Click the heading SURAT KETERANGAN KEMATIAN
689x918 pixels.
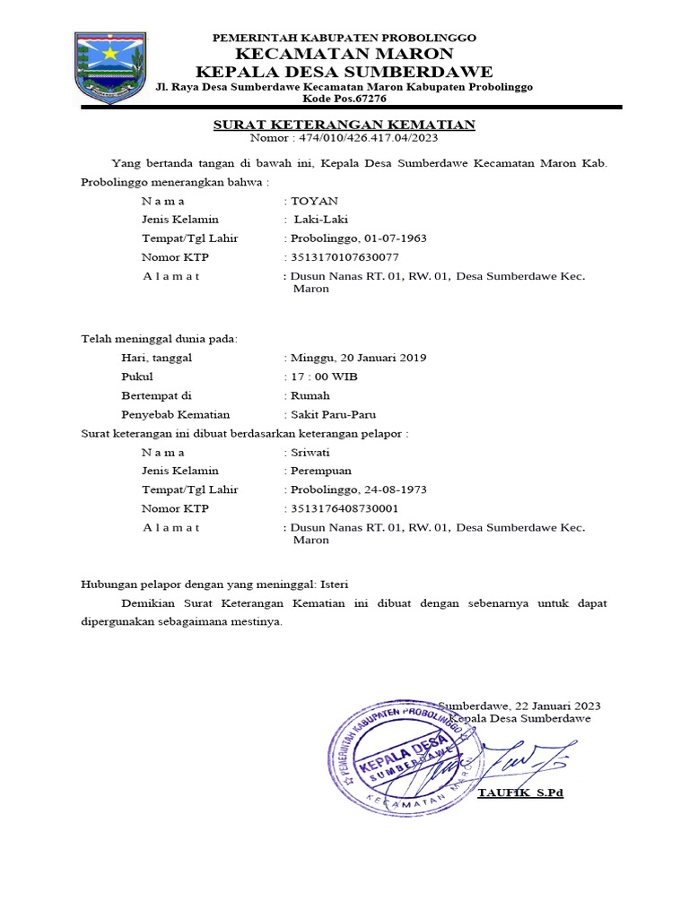(x=344, y=125)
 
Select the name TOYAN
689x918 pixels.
(x=310, y=201)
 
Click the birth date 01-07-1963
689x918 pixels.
(x=394, y=238)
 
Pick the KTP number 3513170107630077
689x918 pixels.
(x=341, y=257)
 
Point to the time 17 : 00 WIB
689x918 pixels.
(x=324, y=377)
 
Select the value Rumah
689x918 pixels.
(x=310, y=395)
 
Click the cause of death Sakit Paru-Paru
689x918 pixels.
(x=332, y=414)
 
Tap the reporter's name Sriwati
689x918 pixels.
(x=310, y=452)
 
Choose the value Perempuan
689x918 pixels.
(x=320, y=471)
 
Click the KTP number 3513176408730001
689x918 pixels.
(x=341, y=508)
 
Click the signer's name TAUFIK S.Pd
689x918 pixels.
(x=520, y=793)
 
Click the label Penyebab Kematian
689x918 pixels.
(x=176, y=414)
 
